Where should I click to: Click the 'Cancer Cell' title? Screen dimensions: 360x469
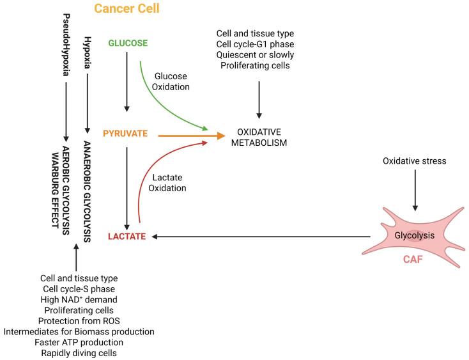pyautogui.click(x=127, y=9)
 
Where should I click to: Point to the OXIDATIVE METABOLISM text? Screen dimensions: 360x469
pyautogui.click(x=259, y=137)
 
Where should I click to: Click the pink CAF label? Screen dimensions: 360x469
pyautogui.click(x=413, y=260)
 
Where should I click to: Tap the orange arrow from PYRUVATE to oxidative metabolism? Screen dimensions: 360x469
pyautogui.click(x=192, y=135)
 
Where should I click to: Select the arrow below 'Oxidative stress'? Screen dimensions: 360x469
pyautogui.click(x=415, y=189)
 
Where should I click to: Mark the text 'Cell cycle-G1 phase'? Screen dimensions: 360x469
pyautogui.click(x=259, y=43)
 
